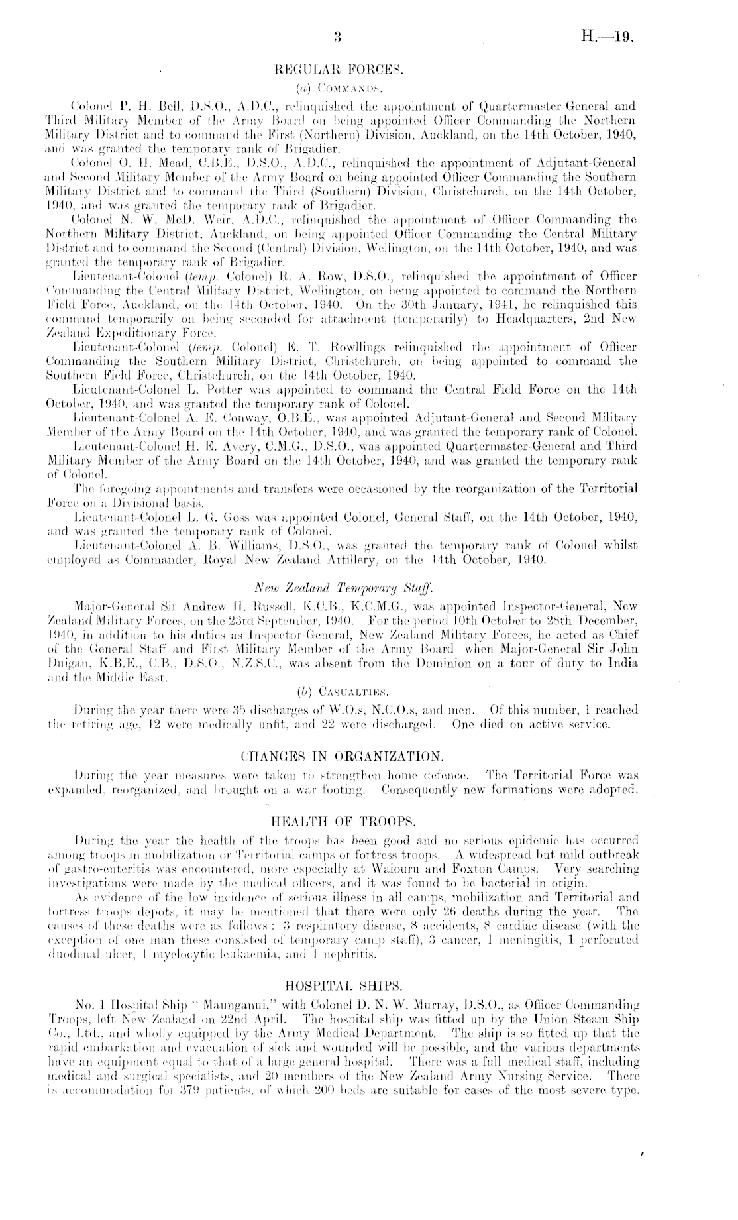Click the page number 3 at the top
coord(337,38)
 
